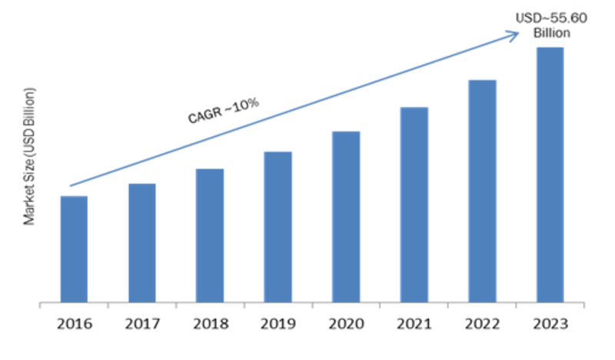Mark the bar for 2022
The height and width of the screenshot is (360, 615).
pos(482,191)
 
